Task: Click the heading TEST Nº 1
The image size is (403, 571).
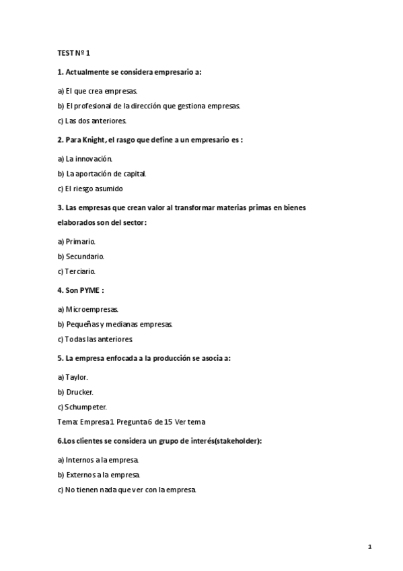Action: tap(73, 53)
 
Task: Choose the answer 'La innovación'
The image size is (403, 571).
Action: tap(85, 159)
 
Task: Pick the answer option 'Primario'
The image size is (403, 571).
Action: tap(77, 240)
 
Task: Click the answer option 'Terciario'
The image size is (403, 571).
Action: tap(77, 271)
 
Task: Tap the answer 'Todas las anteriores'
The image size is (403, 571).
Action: tap(95, 339)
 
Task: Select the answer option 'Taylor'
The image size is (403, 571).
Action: tap(73, 377)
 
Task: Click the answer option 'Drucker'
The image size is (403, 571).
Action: tap(75, 392)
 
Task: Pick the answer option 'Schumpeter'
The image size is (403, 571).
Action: tap(82, 407)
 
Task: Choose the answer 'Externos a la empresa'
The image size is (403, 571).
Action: tap(99, 475)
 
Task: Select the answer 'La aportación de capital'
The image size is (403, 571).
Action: tap(102, 174)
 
